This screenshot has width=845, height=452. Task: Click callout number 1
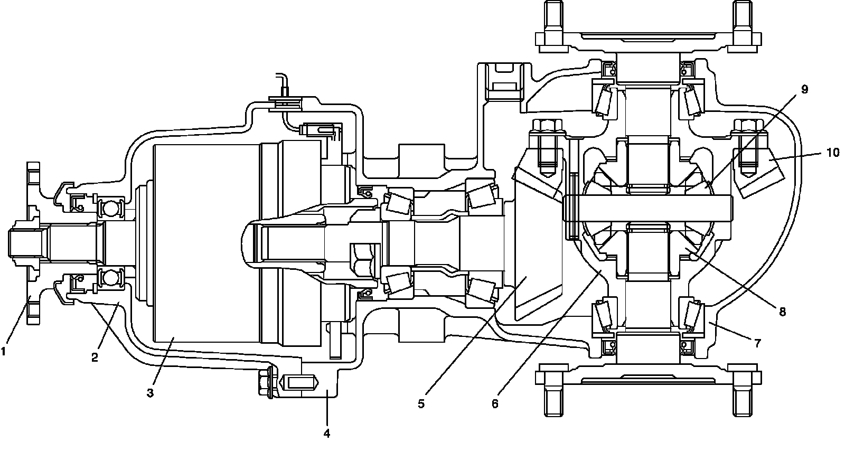point(5,350)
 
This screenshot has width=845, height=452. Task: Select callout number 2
point(95,357)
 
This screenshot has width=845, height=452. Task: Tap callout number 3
point(150,393)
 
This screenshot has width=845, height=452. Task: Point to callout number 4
point(327,434)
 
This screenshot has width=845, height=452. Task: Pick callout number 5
point(421,404)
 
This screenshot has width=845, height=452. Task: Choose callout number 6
point(495,404)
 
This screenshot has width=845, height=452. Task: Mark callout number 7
point(757,343)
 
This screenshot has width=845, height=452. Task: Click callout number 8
point(782,312)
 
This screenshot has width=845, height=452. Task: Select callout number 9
point(804,89)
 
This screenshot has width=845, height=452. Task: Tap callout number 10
point(832,153)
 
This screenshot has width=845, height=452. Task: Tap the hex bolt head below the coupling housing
point(264,381)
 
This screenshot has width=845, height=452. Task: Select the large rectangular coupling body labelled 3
point(206,243)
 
